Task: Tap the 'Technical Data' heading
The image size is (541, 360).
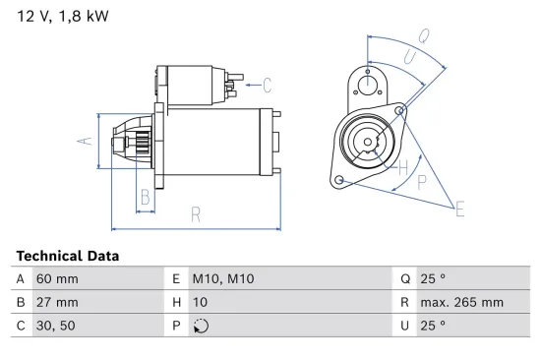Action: point(68,256)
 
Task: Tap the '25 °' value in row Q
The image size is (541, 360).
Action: point(433,278)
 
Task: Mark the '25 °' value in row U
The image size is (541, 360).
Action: point(433,326)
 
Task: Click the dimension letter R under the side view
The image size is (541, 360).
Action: point(197,213)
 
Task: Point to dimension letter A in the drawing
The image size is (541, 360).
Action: point(85,142)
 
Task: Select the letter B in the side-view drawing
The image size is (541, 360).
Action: point(146,196)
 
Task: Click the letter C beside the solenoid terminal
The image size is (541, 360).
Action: point(267,85)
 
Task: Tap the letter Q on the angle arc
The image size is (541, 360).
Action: point(425,36)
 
